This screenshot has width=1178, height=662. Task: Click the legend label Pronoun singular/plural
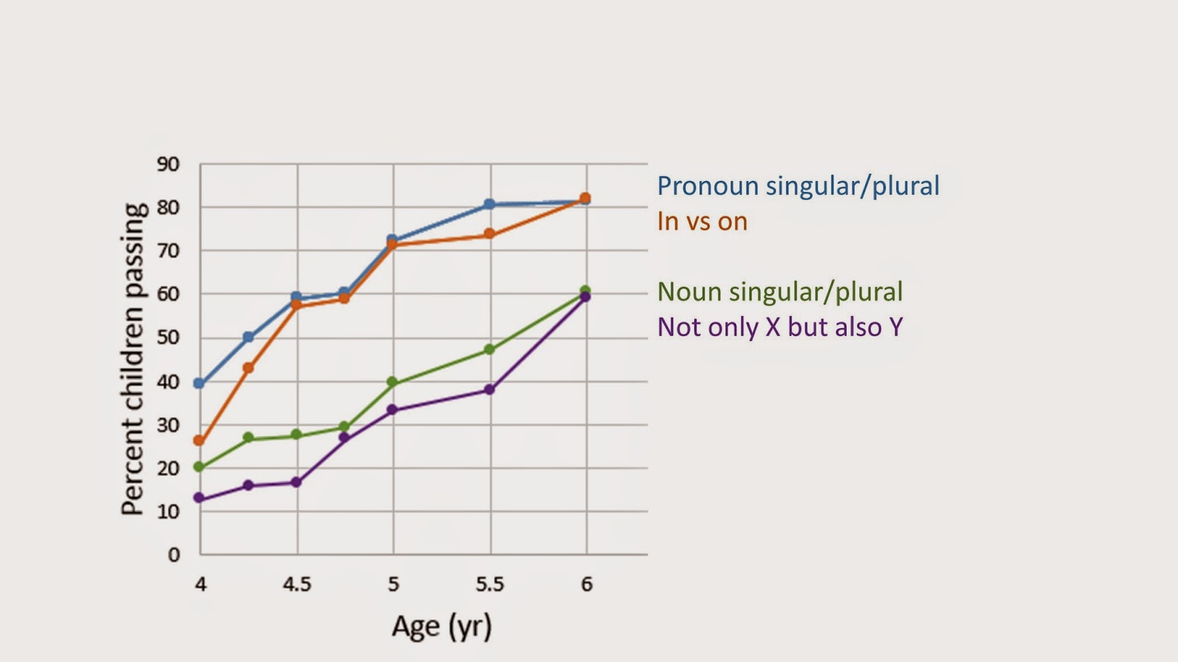[x=798, y=185]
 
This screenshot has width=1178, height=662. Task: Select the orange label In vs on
[x=702, y=221]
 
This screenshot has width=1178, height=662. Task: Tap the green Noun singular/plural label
[x=780, y=291]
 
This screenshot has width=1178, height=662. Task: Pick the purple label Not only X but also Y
[x=780, y=327]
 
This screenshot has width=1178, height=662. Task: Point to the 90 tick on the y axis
[x=168, y=164]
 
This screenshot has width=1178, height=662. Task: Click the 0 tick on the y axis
[x=174, y=555]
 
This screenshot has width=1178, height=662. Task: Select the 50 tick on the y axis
[x=168, y=338]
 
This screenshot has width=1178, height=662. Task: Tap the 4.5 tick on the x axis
[x=297, y=585]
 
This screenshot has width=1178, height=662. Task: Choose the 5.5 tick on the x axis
[x=490, y=585]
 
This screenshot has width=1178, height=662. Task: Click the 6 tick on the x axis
[x=586, y=585]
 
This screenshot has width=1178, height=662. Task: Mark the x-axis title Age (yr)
[x=441, y=626]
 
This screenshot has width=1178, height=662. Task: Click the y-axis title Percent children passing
[x=133, y=359]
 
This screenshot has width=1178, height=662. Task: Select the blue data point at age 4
[x=199, y=383]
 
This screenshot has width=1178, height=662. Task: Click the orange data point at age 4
[x=199, y=441]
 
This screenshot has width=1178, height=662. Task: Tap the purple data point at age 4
[x=199, y=498]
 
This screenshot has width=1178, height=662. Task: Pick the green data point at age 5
[x=392, y=382]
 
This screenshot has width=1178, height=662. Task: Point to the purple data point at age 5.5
[x=490, y=390]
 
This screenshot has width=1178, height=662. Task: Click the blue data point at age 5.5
[x=490, y=204]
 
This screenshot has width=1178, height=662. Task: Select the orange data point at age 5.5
[x=490, y=235]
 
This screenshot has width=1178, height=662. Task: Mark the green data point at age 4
[x=199, y=467]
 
